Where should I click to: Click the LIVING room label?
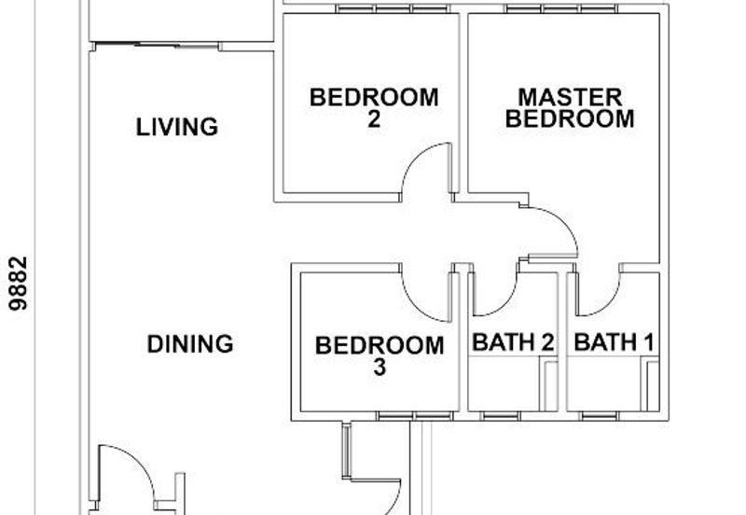tap(177, 127)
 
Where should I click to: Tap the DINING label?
tap(190, 344)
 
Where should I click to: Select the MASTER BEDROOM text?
tap(570, 108)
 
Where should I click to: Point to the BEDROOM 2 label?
tap(374, 108)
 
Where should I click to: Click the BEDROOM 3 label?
tap(380, 356)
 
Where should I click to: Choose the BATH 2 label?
tap(513, 342)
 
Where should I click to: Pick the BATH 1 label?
tap(614, 342)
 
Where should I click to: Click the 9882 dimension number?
tap(19, 284)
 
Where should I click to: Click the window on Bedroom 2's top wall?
tap(393, 8)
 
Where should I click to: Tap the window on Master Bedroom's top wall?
tap(562, 8)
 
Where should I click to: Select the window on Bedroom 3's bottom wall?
tap(414, 416)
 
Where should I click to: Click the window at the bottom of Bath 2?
tap(501, 416)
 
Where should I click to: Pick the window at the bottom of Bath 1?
tap(601, 416)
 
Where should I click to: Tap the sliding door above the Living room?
tap(157, 46)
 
